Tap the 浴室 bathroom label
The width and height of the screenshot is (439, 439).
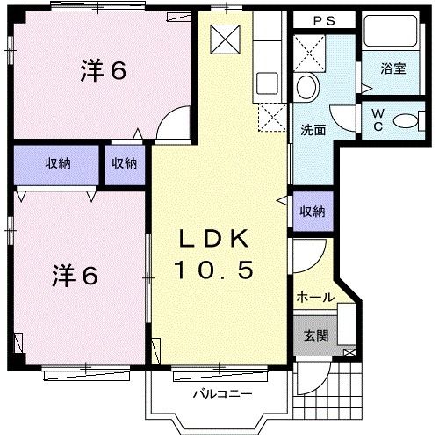[392, 68]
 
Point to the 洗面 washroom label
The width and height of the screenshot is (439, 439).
[313, 129]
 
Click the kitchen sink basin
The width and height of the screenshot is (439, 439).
[266, 84]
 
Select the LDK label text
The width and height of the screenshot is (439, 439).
[217, 238]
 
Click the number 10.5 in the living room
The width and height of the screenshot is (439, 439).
[217, 270]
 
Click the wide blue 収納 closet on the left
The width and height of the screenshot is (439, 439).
[59, 163]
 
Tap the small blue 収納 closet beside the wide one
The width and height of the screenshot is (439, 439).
[124, 163]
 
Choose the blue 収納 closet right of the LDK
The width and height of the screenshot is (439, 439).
[313, 212]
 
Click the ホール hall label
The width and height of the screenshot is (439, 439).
[314, 297]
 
